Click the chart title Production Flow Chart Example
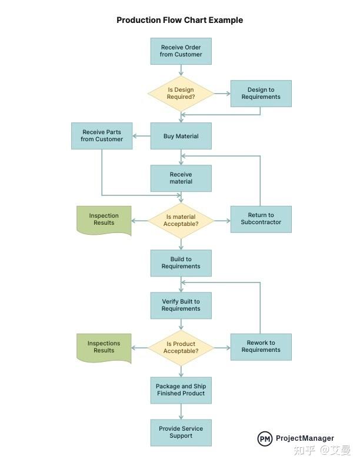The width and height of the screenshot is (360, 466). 179,20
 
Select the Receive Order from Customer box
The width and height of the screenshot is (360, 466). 181,51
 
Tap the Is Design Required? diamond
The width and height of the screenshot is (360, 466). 181,93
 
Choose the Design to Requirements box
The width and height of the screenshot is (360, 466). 261,94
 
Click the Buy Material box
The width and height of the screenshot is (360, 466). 181,136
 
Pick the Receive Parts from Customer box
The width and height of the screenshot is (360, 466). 102,136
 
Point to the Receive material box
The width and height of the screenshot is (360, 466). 181,178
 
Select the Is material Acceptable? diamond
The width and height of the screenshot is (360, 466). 181,221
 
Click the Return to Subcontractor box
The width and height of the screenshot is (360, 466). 261,219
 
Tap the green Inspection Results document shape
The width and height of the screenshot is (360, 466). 104,219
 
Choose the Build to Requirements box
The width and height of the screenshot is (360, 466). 181,263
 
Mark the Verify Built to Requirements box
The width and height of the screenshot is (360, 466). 181,305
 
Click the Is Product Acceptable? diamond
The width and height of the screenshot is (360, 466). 181,348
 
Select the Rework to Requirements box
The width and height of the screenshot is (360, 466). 261,347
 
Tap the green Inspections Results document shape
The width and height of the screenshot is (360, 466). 104,347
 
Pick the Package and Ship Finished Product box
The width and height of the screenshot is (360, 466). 181,390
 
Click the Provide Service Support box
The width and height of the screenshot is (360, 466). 181,432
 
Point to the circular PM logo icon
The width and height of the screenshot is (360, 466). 265,438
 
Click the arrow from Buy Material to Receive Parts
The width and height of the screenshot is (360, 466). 141,136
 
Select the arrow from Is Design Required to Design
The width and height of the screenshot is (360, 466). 222,93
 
